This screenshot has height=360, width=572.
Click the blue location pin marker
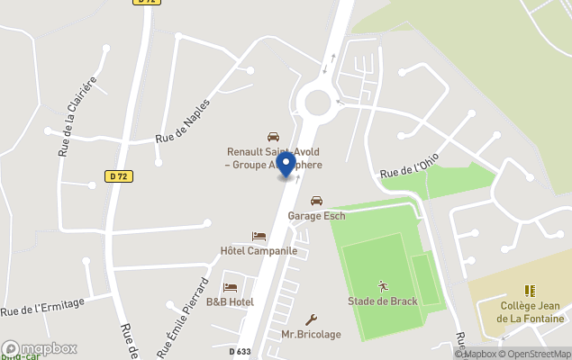pos(286,165)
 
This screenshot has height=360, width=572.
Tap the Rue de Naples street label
pos(189,121)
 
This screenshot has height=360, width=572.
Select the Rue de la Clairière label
pos(77,115)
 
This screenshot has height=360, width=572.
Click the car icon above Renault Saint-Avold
pos(273,136)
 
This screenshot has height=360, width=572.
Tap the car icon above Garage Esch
pos(316,201)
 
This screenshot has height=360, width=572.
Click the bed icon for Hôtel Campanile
pos(259,236)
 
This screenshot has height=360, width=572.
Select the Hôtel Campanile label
pos(259,251)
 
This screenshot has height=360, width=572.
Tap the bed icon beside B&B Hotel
pos(230,287)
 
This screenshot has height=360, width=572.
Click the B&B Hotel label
pos(230,302)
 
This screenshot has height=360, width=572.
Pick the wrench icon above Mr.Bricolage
pos(312,319)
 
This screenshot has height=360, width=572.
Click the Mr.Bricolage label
pos(312,334)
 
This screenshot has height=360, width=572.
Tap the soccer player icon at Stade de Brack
pos(383,286)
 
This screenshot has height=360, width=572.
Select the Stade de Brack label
pos(383,301)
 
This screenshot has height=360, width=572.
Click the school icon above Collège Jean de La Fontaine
pos(530,290)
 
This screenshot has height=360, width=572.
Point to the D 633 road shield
pos(240,351)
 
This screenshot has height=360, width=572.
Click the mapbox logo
pos(40,348)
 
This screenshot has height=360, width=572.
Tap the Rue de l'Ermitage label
pos(42,306)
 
